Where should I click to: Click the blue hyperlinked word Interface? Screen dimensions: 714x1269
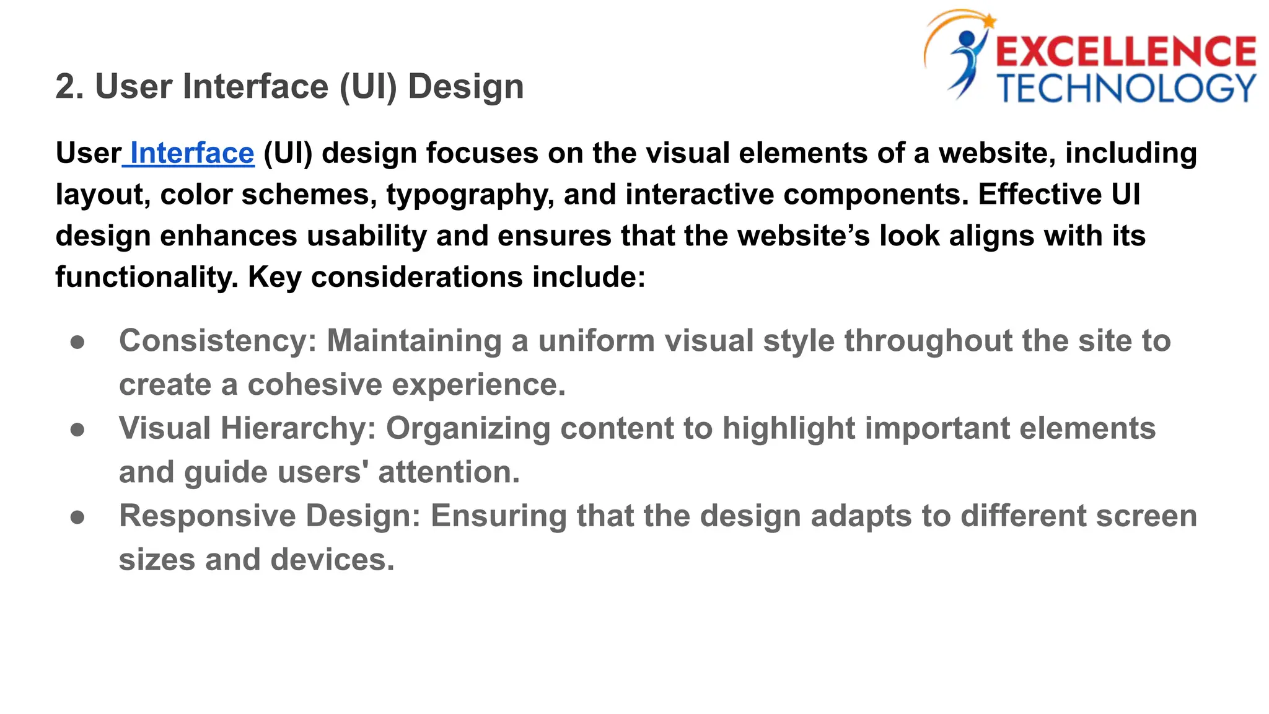(x=192, y=153)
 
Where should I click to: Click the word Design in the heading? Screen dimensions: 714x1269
(x=465, y=86)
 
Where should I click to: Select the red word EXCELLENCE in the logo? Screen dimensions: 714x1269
(x=1125, y=52)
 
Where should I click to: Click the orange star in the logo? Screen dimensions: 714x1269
(x=988, y=22)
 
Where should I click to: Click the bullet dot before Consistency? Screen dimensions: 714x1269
(x=77, y=342)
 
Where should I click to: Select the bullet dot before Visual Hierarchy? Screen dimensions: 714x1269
(x=77, y=430)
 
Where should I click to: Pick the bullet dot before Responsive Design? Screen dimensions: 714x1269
(x=77, y=517)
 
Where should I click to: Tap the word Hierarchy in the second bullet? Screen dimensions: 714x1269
(x=298, y=428)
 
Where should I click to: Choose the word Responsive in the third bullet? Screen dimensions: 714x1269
(x=208, y=516)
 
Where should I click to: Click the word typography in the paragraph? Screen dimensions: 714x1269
(x=470, y=195)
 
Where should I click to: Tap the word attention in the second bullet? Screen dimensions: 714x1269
(x=449, y=472)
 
